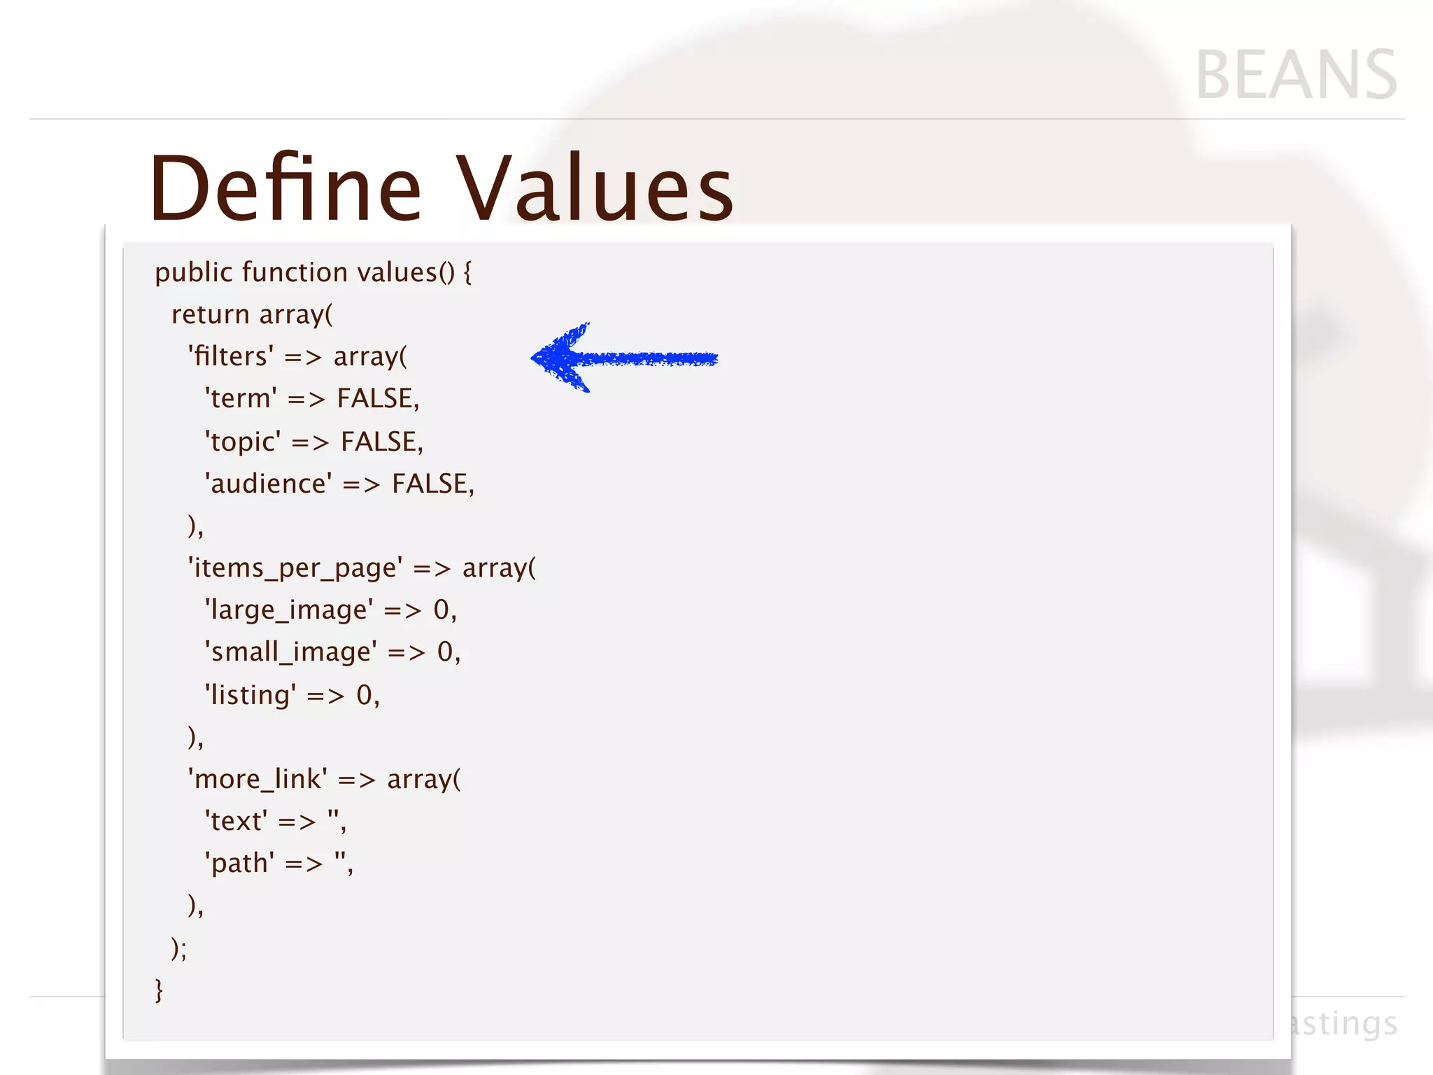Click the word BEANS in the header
(x=1296, y=76)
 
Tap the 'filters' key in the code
(x=231, y=357)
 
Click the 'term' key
(x=241, y=399)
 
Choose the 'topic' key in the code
(x=243, y=442)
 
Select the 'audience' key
(x=268, y=484)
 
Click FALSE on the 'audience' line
(x=430, y=484)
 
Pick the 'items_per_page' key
(x=295, y=568)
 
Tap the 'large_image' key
(x=288, y=610)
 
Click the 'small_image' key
(x=290, y=652)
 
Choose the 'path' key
(x=239, y=864)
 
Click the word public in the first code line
(x=193, y=273)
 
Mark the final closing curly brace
(x=159, y=990)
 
